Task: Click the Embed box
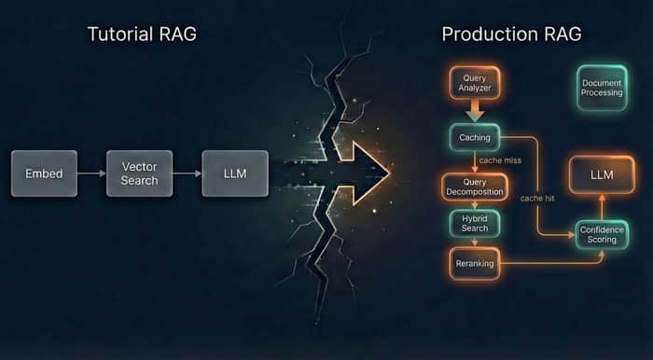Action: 44,173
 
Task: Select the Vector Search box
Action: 140,173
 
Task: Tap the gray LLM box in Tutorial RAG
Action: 235,173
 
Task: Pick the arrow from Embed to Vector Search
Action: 91,173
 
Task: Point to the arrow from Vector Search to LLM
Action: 188,173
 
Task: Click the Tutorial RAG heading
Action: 142,35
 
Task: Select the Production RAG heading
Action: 511,35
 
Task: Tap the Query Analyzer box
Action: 475,83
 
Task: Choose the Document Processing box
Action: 602,88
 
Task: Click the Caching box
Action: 475,137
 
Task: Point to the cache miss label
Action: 500,160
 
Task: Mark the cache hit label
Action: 537,199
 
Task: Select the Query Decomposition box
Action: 475,187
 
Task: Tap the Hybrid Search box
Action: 475,224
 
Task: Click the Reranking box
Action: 475,263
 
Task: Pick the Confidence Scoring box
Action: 602,235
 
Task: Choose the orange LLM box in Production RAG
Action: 602,174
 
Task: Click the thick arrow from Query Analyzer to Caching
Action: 475,112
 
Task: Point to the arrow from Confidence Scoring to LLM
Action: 602,207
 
